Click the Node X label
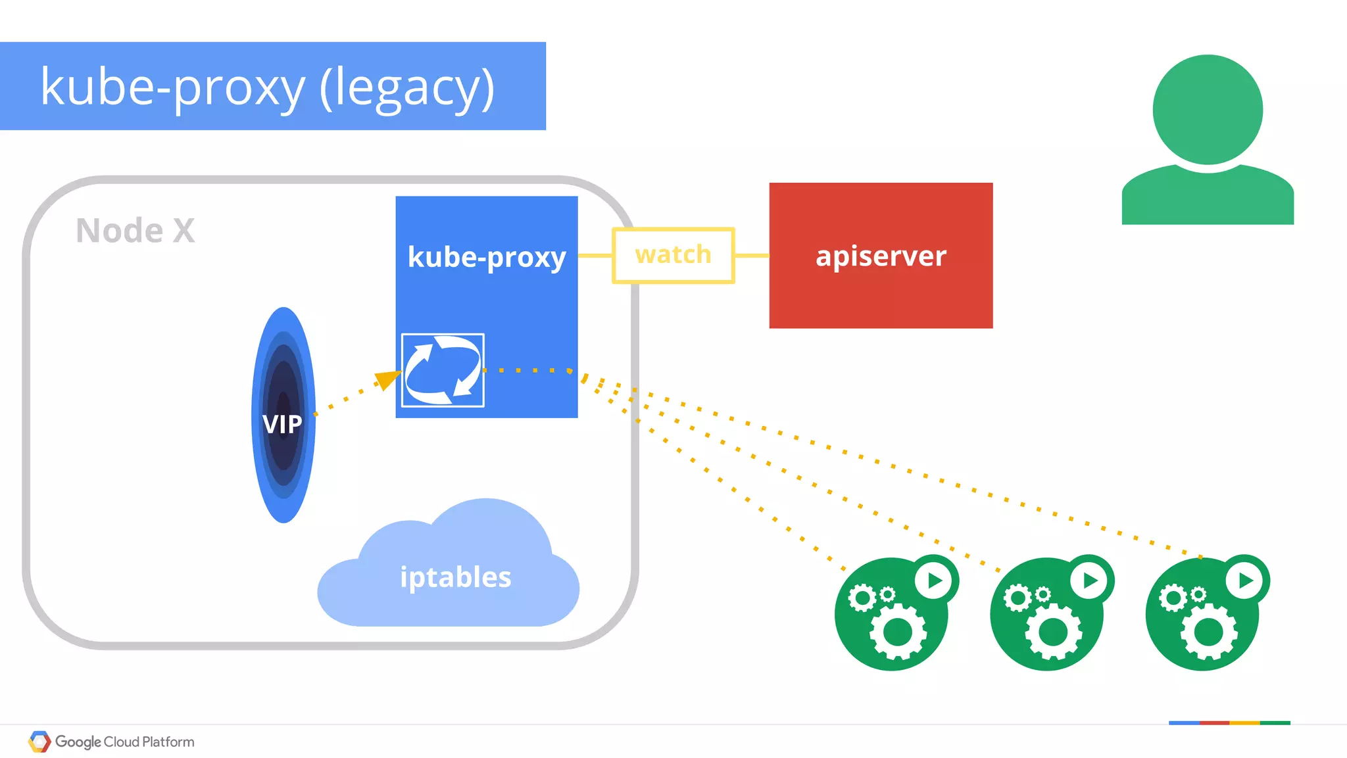click(x=135, y=231)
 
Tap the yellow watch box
click(x=673, y=255)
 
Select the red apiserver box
click(x=881, y=256)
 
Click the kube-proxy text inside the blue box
click(x=487, y=257)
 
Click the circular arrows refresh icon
click(x=443, y=370)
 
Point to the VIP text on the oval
click(x=282, y=424)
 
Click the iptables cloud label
click(x=455, y=577)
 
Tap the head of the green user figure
click(x=1208, y=110)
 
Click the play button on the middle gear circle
click(x=1090, y=580)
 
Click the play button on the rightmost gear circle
click(x=1245, y=580)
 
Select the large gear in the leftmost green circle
click(x=898, y=632)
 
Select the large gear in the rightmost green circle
click(x=1209, y=632)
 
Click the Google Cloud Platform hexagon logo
click(x=39, y=742)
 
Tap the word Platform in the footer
click(x=168, y=742)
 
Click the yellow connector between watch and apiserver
click(x=752, y=256)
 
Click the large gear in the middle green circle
click(x=1053, y=632)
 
